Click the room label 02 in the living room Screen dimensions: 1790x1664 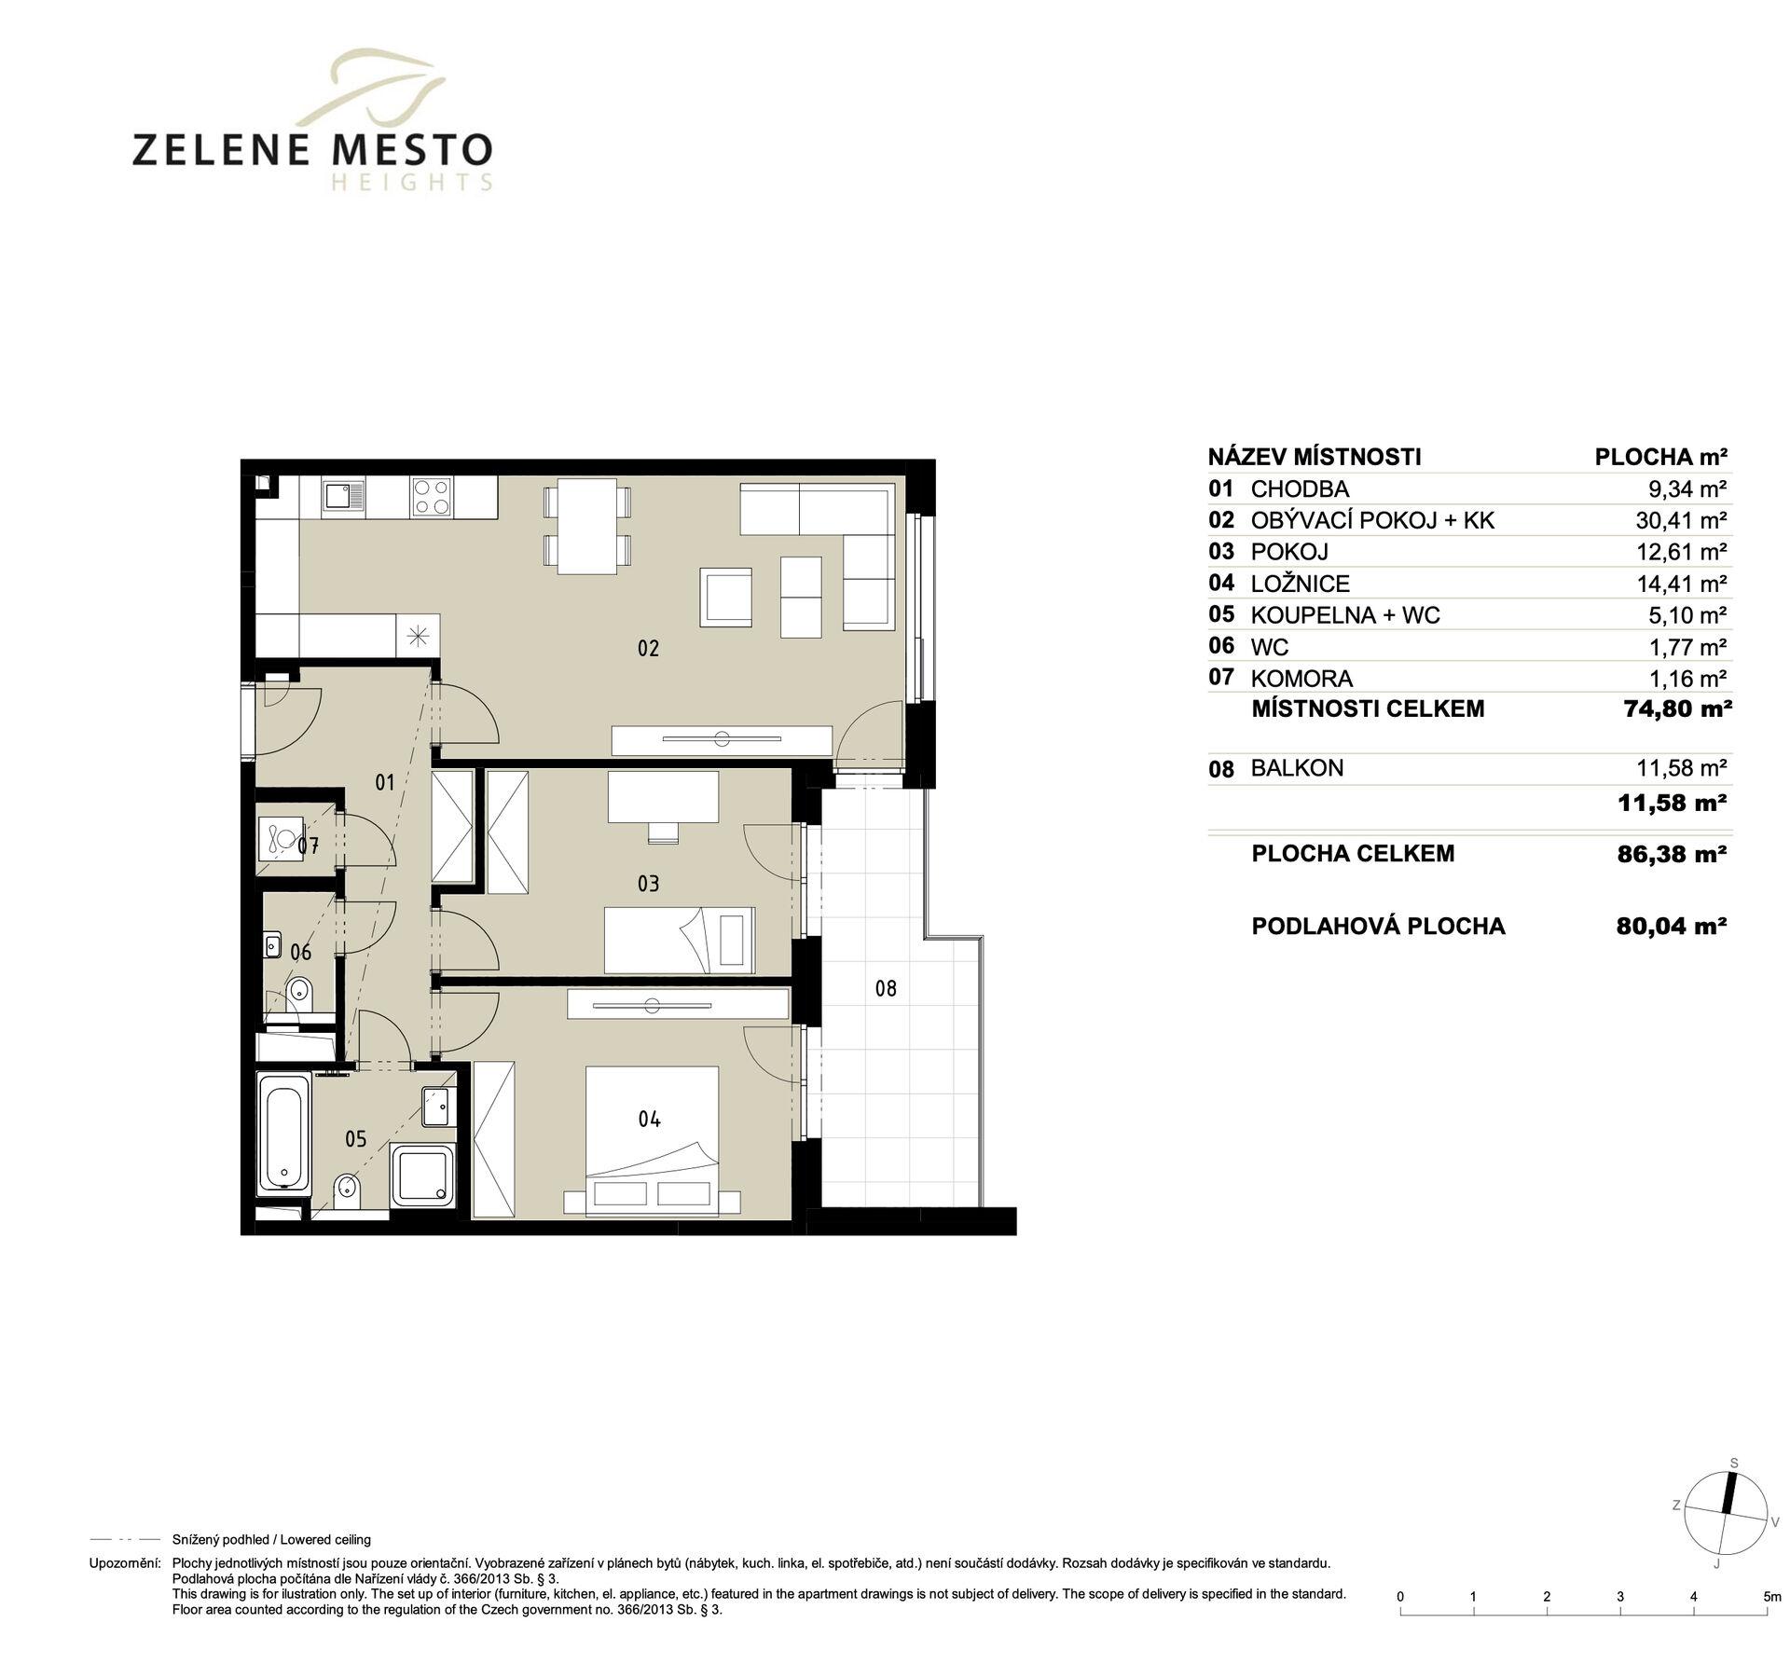[648, 648]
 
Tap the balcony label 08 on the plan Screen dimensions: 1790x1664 [886, 988]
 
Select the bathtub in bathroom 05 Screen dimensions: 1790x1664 [284, 1133]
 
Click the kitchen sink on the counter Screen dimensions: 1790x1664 [344, 495]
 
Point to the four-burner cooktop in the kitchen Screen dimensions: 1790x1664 [431, 495]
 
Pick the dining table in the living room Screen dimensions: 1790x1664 [586, 527]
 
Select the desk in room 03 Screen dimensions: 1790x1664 [663, 797]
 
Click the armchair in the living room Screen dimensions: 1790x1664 [726, 598]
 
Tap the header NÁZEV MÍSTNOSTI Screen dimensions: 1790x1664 [1315, 457]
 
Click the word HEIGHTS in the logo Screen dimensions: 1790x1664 [411, 183]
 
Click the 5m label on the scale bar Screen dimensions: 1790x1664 [1771, 1597]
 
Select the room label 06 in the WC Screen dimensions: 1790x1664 [300, 952]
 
